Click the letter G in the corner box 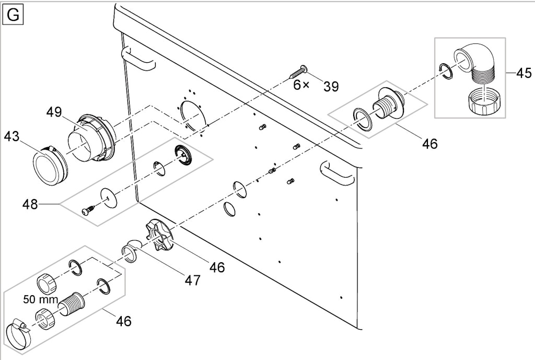coord(13,16)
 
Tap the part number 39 coord(331,87)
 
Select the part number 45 coord(524,73)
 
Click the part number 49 coord(54,112)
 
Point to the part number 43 coord(12,137)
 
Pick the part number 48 coord(30,204)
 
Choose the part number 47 coord(192,280)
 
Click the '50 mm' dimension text coord(41,299)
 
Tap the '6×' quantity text coord(301,85)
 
